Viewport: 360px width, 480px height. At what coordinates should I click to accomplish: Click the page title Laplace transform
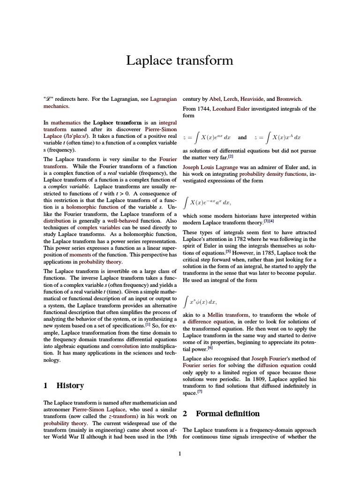(180, 61)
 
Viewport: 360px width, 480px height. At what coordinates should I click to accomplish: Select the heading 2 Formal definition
(221, 414)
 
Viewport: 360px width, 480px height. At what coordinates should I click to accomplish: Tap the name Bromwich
(289, 99)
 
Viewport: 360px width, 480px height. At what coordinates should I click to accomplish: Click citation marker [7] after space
(199, 392)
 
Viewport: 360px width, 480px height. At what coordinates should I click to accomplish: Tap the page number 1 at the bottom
(180, 453)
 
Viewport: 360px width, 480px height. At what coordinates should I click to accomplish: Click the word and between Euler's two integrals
(242, 138)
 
